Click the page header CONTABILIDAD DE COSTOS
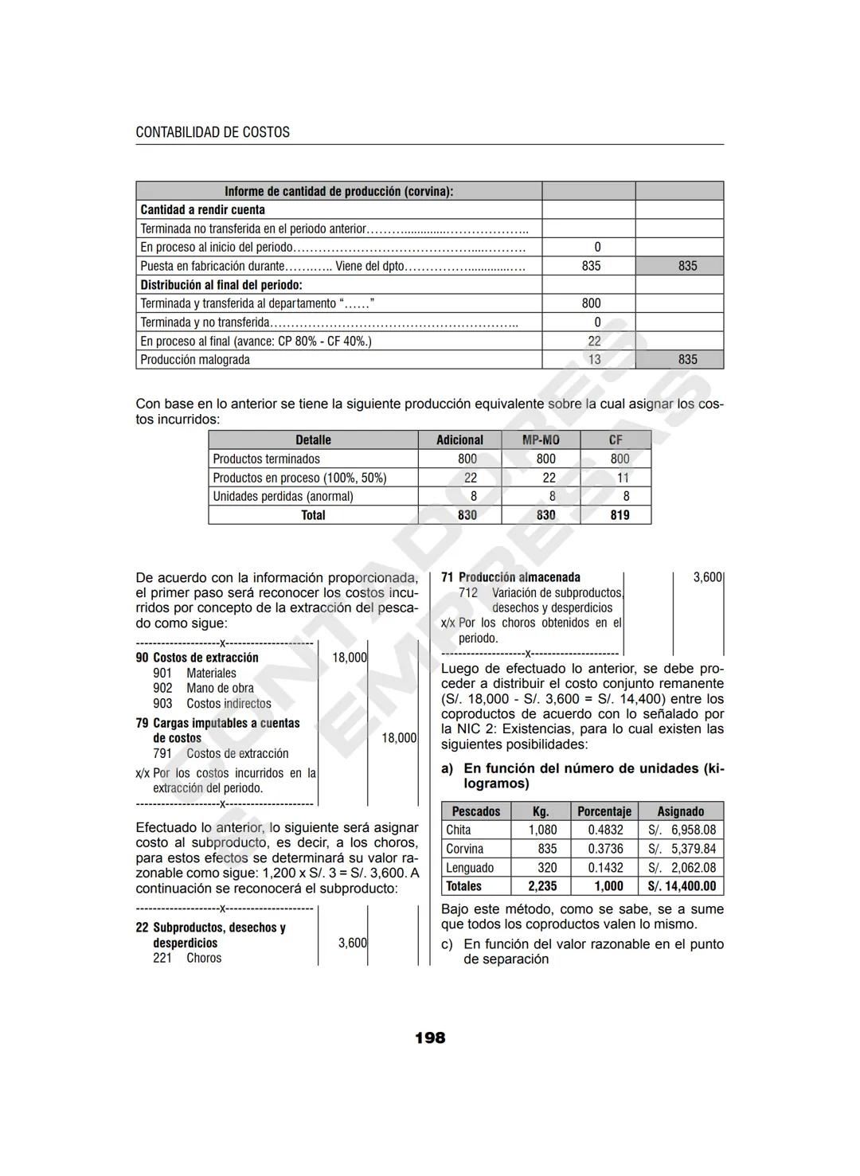[213, 132]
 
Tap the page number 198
[430, 1037]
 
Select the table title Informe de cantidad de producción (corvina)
[338, 191]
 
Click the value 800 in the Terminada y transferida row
[591, 303]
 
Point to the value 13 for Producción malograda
[594, 360]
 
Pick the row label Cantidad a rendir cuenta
[202, 210]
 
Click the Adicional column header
[459, 440]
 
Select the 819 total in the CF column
[620, 515]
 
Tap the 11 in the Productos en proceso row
[623, 478]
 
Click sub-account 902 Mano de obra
[204, 688]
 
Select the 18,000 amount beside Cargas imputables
[398, 738]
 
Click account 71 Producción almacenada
[510, 577]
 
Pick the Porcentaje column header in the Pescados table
[604, 811]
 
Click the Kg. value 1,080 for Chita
[542, 830]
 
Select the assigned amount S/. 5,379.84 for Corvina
[682, 849]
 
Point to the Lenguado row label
[470, 868]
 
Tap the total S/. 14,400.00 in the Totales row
[682, 886]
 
